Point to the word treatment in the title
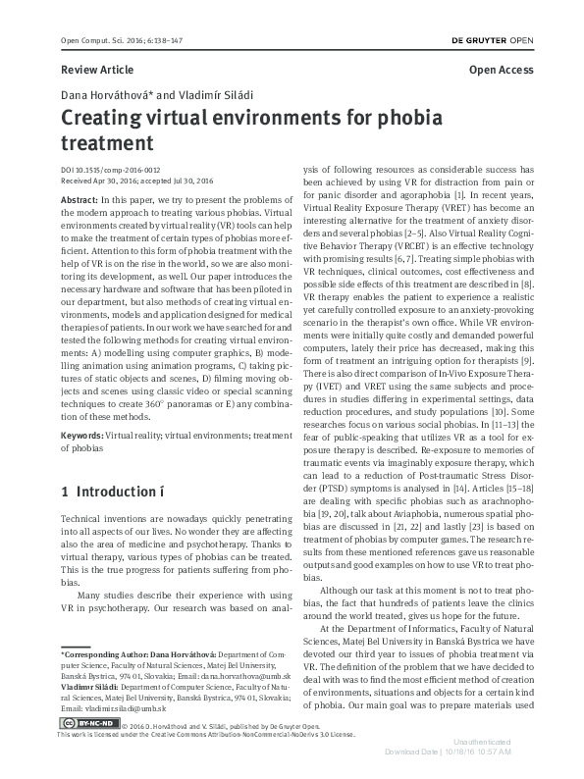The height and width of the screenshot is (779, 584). pyautogui.click(x=107, y=143)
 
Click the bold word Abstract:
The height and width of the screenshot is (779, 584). pyautogui.click(x=80, y=198)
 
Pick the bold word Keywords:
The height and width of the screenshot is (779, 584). pyautogui.click(x=83, y=434)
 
